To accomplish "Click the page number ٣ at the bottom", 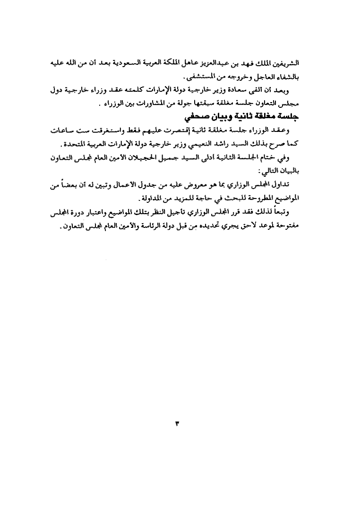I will tap(177, 422).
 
